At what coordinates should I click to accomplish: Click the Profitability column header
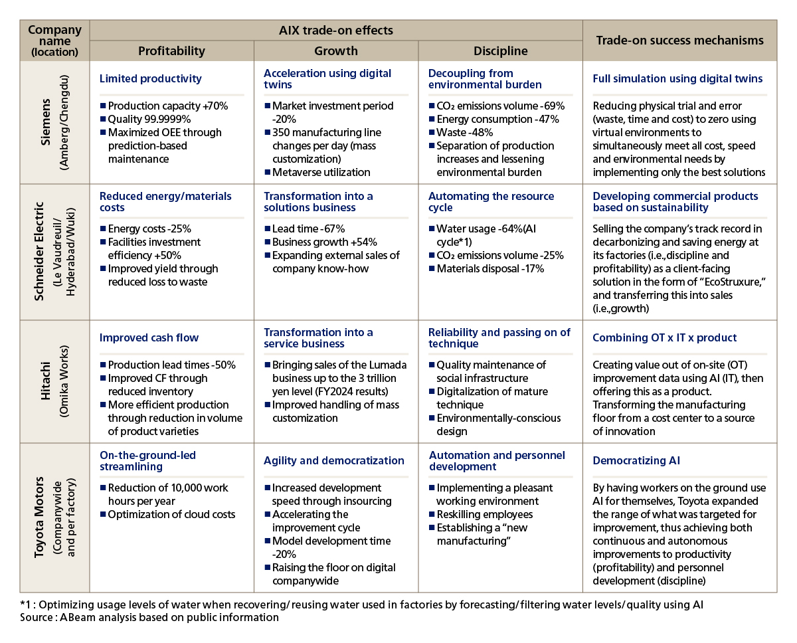tap(171, 50)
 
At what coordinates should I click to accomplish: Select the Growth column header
tap(335, 50)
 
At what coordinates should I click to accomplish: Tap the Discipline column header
tap(499, 50)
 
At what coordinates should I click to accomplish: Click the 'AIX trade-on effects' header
tap(336, 31)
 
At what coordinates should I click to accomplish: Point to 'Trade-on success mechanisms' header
tap(679, 41)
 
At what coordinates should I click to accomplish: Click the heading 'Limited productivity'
tap(150, 78)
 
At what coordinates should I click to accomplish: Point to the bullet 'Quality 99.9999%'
tap(149, 119)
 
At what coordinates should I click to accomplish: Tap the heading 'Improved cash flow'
tap(149, 337)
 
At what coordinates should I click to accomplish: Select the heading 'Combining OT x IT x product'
tap(664, 337)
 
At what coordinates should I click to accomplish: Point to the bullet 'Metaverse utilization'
tap(321, 172)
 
